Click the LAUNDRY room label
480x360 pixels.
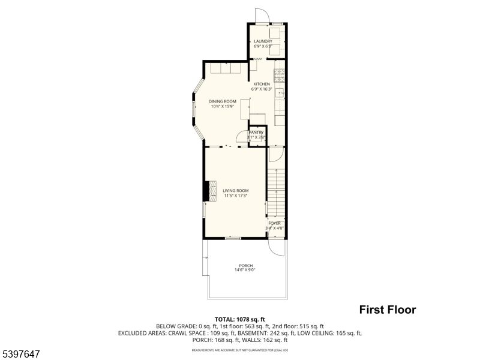click(x=263, y=41)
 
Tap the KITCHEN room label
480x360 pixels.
click(x=262, y=84)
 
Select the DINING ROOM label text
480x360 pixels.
click(x=223, y=101)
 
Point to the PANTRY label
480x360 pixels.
click(x=257, y=132)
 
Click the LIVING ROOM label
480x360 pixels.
click(x=236, y=191)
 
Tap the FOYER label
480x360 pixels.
click(x=274, y=223)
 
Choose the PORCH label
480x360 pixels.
click(x=245, y=266)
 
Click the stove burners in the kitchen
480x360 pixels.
click(x=280, y=76)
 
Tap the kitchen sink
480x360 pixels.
click(x=280, y=94)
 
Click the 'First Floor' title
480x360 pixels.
click(x=387, y=310)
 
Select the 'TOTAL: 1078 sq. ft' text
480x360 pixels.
click(x=240, y=319)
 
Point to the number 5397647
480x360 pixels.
click(x=22, y=355)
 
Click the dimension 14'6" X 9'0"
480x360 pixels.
click(x=245, y=270)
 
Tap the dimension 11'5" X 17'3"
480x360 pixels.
click(x=236, y=196)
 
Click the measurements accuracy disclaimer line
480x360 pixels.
click(x=240, y=350)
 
